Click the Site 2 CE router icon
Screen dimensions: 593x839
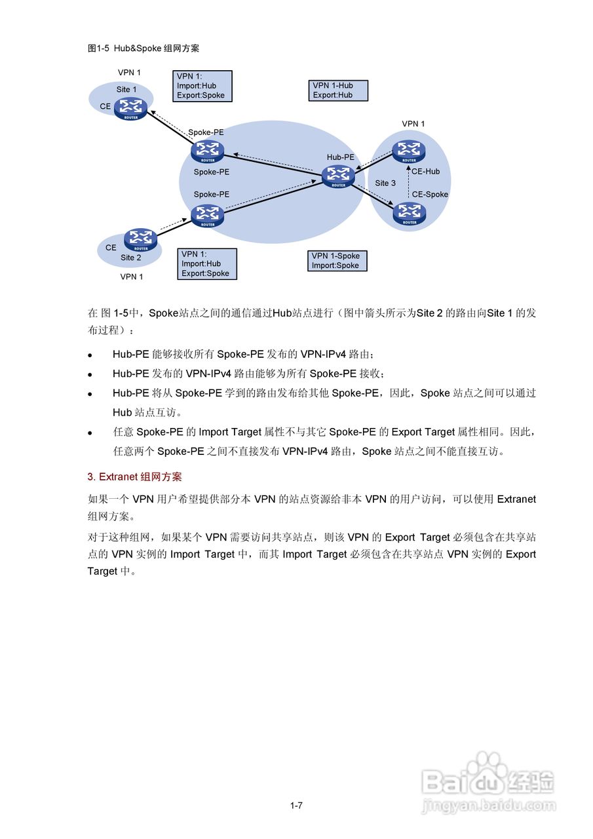(141, 240)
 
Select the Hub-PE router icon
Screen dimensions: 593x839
(338, 176)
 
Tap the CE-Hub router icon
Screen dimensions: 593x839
(409, 151)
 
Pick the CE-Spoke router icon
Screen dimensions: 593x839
(410, 213)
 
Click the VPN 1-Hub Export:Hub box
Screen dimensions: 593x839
(338, 90)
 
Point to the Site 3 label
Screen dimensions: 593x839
(385, 184)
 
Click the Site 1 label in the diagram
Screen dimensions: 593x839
(126, 90)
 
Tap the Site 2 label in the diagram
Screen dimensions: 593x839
(131, 258)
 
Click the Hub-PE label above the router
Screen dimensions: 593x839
(340, 157)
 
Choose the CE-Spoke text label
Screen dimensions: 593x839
(430, 195)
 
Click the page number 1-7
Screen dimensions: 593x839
(296, 806)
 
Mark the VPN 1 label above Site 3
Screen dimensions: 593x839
(413, 124)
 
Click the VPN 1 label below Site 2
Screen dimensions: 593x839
(131, 277)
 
